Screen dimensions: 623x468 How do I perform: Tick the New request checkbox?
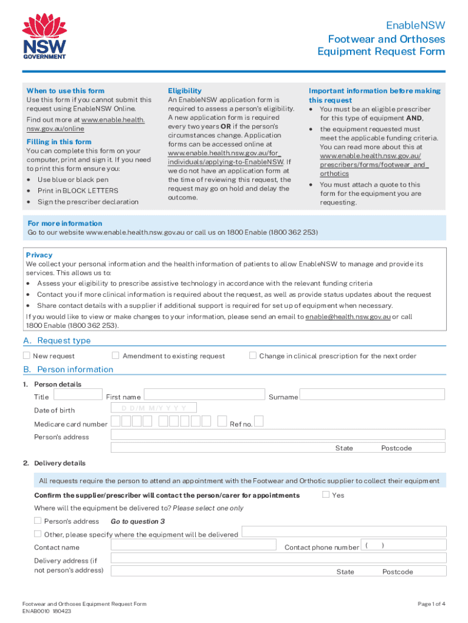(27, 355)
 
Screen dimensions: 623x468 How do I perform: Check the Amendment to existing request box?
(115, 355)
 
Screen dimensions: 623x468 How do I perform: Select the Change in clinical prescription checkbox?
(253, 355)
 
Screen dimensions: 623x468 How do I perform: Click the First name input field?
(204, 395)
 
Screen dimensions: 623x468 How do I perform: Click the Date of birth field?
(156, 408)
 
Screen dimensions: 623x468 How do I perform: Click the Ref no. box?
(259, 422)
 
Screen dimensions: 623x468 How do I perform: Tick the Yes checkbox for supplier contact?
(326, 494)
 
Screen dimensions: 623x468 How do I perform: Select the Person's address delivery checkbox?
(38, 521)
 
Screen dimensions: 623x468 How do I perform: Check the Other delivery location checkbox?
(38, 534)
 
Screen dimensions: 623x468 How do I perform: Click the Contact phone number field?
(404, 545)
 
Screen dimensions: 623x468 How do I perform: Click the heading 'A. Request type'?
(57, 341)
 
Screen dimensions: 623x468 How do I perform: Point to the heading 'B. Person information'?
(68, 369)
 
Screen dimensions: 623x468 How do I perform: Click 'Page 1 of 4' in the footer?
(431, 604)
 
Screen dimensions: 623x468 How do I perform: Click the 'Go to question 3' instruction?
(137, 521)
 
